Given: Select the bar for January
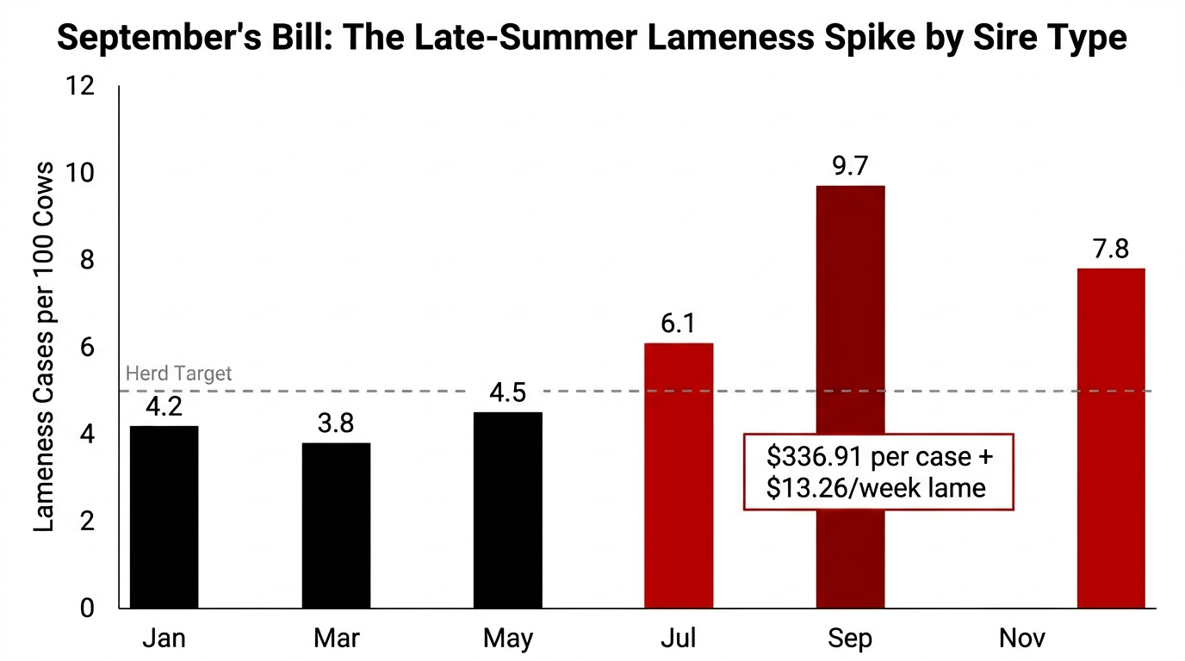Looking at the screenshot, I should click(164, 516).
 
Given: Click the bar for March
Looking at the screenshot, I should click(336, 525).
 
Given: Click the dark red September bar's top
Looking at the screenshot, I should click(850, 189).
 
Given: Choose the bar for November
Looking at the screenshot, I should click(1111, 438).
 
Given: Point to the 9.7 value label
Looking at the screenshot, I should click(850, 166).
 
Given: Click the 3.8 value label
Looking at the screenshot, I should click(336, 423).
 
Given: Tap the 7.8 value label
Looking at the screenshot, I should click(1111, 250).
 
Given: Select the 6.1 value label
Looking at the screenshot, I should click(679, 324).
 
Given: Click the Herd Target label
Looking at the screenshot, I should click(179, 374).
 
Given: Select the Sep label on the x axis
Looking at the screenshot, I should click(850, 639).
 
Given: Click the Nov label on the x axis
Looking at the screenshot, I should click(1022, 639).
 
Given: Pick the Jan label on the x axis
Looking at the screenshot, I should click(164, 639).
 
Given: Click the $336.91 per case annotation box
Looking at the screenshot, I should click(878, 472).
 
